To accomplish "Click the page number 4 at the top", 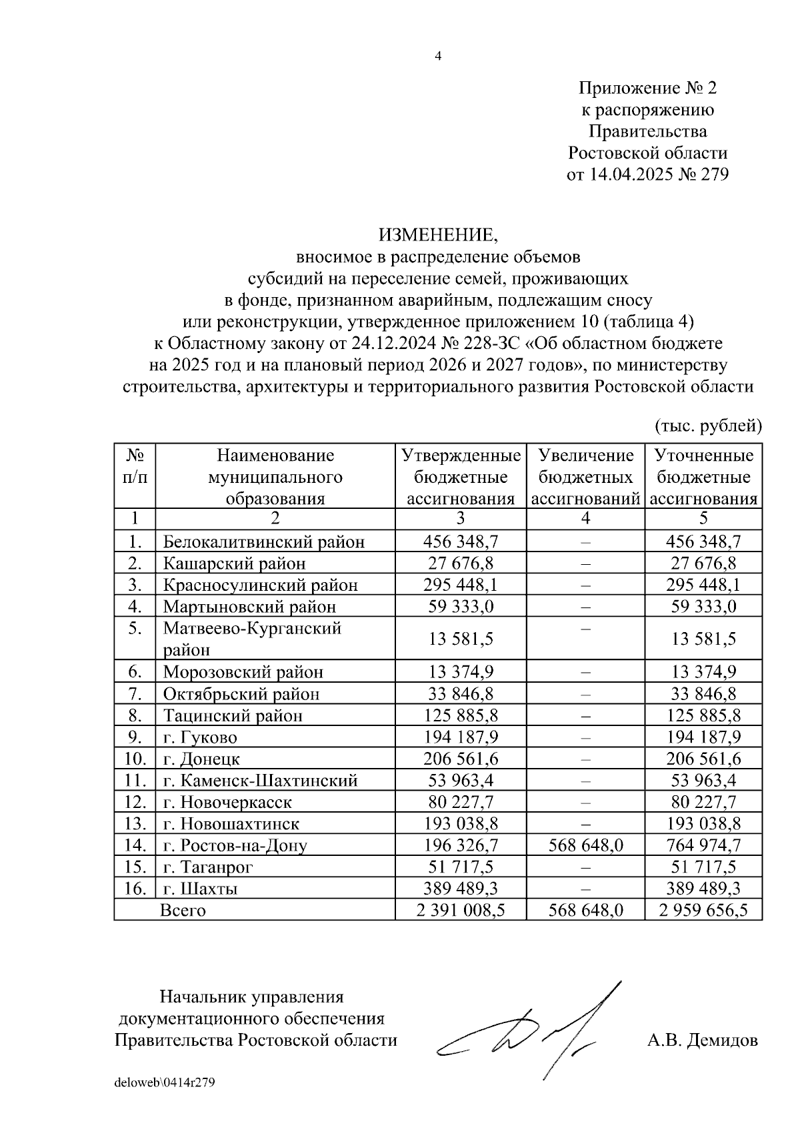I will (437, 57).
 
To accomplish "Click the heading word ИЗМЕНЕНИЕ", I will (438, 234).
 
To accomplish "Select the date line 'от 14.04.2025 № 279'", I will (647, 175).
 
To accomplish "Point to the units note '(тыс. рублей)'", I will (708, 425).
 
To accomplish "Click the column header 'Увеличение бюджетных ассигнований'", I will (585, 477).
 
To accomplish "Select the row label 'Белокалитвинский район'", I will (264, 542).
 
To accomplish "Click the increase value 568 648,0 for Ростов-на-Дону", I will (585, 845).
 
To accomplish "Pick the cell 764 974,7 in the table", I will (703, 845).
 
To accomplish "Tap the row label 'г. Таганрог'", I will (208, 867).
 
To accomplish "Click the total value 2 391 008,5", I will (460, 910).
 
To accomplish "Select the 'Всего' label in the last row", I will (183, 910).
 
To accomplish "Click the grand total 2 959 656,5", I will (703, 910).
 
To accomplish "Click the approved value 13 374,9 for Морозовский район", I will (460, 672).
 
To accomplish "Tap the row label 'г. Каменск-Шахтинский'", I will (261, 781).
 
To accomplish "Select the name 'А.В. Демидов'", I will (702, 1040).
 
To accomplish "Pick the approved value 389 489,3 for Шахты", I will (460, 889).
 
